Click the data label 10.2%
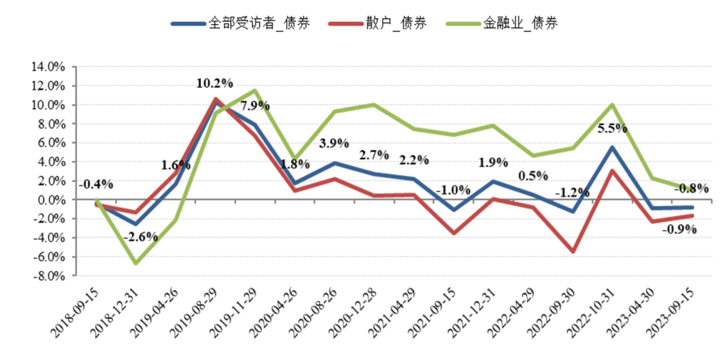click(215, 84)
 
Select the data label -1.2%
click(572, 193)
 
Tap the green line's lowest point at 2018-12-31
click(136, 263)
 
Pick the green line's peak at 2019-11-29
click(255, 90)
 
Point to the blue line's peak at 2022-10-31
click(612, 147)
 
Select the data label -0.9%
click(679, 229)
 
